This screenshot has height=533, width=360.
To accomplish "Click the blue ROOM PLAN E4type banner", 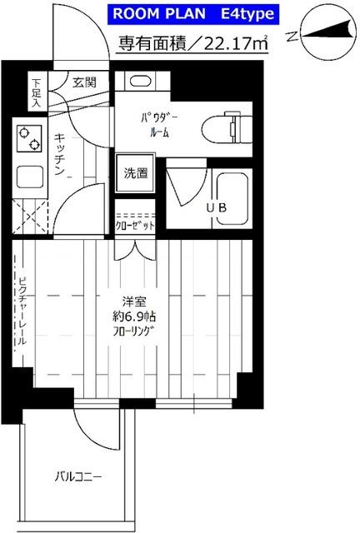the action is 193,14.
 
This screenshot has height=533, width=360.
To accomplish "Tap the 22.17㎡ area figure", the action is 235,44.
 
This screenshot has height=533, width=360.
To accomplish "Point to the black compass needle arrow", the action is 327,31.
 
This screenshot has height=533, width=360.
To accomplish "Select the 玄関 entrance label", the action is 83,82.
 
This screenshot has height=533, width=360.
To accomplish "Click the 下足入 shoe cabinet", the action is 37,92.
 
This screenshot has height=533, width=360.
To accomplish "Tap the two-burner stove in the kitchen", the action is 29,138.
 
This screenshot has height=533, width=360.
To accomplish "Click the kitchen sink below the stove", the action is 30,177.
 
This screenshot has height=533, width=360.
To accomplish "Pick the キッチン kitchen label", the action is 59,154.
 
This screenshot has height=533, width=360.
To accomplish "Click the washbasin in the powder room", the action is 141,82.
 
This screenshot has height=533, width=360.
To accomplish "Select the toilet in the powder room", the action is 227,130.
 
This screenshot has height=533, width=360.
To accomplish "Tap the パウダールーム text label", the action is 159,125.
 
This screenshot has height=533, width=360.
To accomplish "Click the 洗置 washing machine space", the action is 136,173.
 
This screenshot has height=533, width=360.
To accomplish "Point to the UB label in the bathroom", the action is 217,207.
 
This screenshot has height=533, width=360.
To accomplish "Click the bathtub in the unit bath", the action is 232,199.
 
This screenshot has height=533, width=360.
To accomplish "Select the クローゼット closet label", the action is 135,226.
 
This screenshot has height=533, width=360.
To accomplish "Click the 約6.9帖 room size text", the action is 134,316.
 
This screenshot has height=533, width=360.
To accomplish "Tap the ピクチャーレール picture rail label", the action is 22,311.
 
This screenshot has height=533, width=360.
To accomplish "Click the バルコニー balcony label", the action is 78,477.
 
